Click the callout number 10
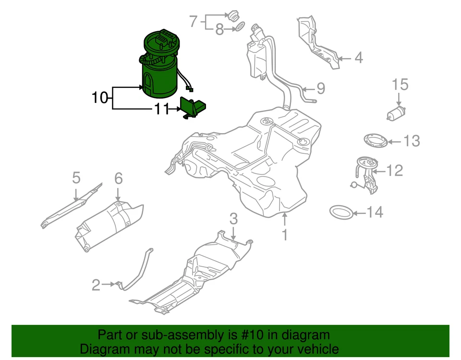point(100,98)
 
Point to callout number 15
point(400,85)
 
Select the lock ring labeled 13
point(375,141)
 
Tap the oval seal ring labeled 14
point(341,211)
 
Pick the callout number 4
point(359,59)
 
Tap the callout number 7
point(193,22)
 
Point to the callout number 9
point(320,88)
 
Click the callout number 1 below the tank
point(285,235)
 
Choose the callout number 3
point(233,220)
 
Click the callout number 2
point(96,285)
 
